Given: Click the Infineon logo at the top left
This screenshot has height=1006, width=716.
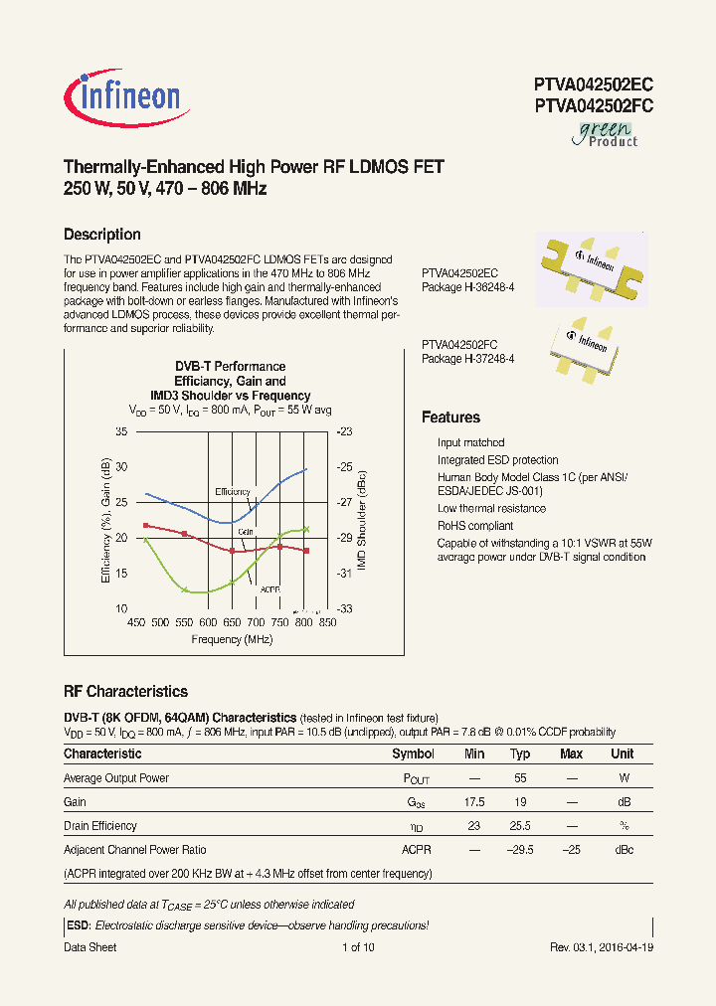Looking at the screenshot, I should (122, 95).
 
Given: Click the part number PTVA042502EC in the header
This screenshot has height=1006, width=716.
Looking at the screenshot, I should (593, 84).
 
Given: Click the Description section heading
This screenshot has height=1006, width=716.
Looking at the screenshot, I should (101, 235).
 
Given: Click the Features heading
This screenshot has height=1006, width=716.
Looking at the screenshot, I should (450, 418).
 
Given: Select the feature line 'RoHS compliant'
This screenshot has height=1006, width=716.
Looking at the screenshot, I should (475, 526).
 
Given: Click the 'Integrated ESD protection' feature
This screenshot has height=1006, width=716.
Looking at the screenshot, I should (497, 460).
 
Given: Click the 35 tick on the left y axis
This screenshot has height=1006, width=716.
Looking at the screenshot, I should (121, 431).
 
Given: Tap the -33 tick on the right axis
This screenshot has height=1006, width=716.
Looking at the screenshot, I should (344, 608).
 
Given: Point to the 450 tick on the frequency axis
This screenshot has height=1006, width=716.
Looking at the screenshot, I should (135, 623).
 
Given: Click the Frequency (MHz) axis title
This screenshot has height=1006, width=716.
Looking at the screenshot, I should (232, 639).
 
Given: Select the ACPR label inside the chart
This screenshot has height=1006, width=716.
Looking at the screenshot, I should (269, 589).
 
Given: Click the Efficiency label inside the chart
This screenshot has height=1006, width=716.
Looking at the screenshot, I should (234, 492).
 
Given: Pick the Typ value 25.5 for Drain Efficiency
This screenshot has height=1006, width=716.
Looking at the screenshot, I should (520, 826).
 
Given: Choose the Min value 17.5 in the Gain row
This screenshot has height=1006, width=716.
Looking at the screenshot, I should (474, 802).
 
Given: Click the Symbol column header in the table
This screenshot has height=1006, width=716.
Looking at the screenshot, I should (413, 754).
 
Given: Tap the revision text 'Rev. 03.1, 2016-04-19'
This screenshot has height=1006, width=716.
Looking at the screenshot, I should (602, 947).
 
